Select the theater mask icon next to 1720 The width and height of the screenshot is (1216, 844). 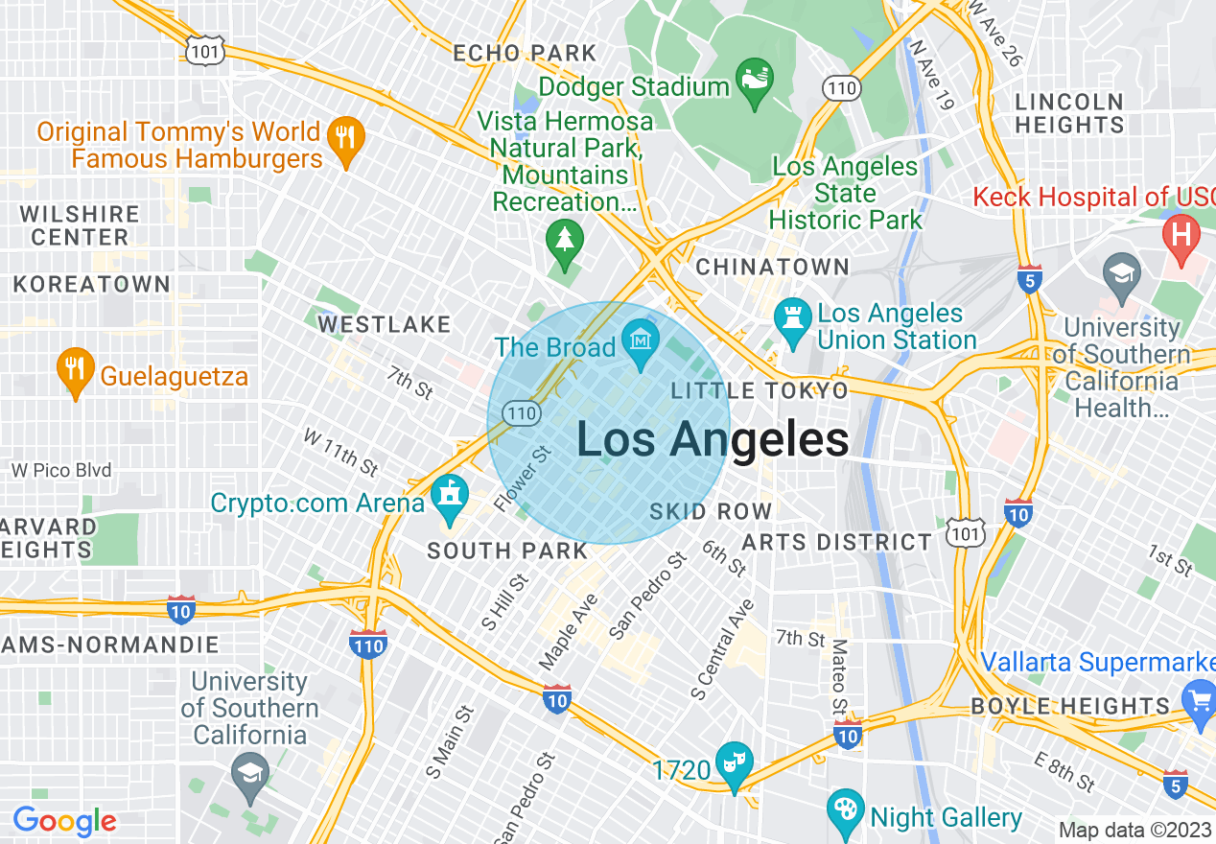click(x=735, y=762)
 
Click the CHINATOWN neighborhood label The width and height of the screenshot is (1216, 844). click(x=772, y=267)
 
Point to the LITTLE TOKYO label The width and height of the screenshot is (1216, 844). click(x=760, y=390)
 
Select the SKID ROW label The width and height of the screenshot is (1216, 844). click(x=711, y=511)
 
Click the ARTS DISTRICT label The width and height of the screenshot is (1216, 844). click(x=836, y=542)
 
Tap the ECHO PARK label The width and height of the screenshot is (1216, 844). click(x=525, y=53)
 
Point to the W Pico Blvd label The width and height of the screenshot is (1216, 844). click(x=61, y=470)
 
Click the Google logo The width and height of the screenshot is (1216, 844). click(x=64, y=822)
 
